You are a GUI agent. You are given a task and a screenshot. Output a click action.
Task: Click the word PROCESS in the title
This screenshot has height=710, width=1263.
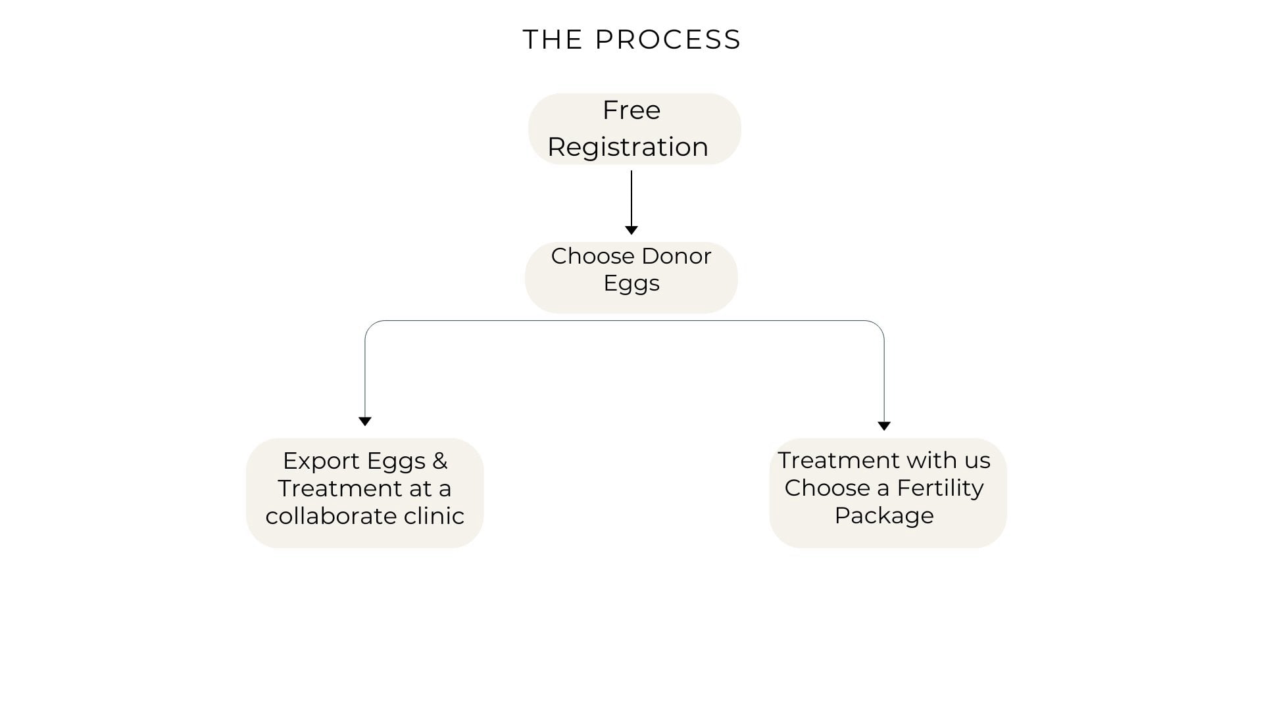(x=668, y=40)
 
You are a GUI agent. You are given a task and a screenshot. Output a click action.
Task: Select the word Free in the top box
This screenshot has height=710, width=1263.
(x=631, y=110)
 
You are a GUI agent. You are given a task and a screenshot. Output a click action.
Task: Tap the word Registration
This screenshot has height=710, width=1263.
(x=628, y=147)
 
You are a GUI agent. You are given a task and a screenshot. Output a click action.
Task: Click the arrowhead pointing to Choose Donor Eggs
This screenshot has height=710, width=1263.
(x=631, y=230)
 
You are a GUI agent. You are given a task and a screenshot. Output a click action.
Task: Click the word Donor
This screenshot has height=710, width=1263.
(x=676, y=256)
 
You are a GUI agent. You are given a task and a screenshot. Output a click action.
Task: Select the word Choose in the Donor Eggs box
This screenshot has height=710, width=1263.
(x=592, y=256)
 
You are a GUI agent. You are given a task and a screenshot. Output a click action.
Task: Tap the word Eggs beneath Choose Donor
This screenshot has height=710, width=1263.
(x=631, y=284)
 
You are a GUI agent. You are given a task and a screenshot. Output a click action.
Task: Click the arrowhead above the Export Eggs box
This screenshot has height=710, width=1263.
(x=365, y=421)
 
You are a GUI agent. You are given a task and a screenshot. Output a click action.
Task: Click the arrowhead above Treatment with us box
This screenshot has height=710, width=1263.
(x=884, y=426)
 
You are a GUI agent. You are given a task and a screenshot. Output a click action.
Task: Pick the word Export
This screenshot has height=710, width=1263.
(x=321, y=461)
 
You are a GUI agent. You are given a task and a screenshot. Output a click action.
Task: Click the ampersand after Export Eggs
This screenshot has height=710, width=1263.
(x=439, y=461)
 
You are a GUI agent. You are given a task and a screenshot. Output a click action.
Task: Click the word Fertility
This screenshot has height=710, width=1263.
(x=940, y=488)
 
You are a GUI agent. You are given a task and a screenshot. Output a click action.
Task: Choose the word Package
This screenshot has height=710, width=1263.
(x=884, y=516)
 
